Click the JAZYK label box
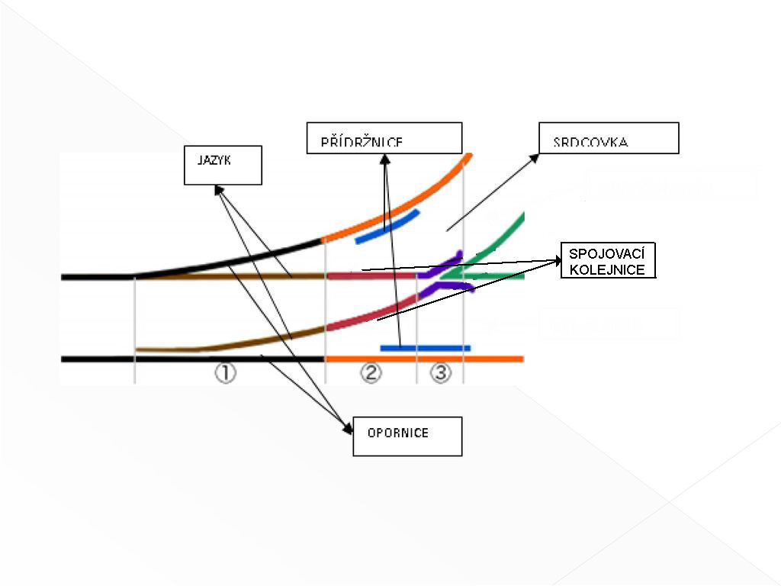223,165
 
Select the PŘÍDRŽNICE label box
384,138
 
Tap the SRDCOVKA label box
609,138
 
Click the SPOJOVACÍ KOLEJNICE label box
608,261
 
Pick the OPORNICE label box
407,436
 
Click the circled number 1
225,373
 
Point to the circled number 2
371,373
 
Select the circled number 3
441,373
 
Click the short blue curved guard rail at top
387,227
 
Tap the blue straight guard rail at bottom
425,348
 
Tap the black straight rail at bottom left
191,359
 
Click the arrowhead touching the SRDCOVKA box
535,158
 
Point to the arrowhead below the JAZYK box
219,189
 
